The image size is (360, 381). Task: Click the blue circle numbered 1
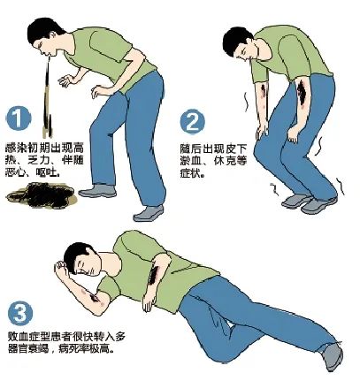pos(18,118)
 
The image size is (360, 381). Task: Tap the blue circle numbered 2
pos(192,122)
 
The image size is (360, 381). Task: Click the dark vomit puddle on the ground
pos(42,194)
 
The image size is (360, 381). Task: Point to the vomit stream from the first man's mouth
pos(47,97)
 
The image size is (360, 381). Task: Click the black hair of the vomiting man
pos(44,29)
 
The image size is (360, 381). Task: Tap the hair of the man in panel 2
pos(236,39)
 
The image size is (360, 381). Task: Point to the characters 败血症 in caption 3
pos(25,337)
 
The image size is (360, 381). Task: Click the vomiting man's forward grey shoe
pos(149,213)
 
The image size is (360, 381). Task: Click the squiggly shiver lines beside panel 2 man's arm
pos(246,102)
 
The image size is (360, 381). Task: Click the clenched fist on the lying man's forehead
pos(61,268)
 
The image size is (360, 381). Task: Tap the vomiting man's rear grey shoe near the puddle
pos(97,191)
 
